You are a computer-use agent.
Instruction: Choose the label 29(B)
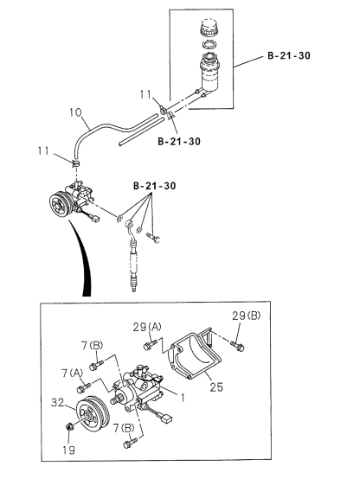coord(246,316)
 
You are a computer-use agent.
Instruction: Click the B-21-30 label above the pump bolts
coord(154,186)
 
